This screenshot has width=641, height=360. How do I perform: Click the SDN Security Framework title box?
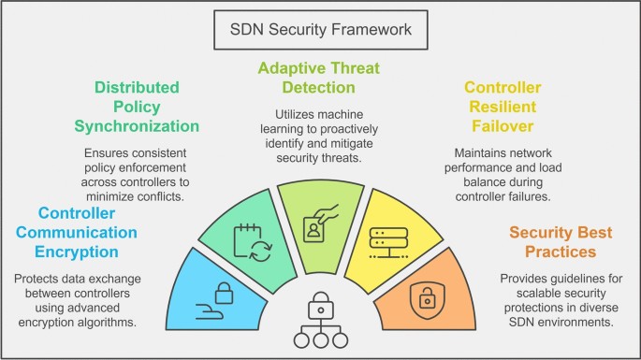click(319, 30)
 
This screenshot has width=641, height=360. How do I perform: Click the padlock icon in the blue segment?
click(221, 290)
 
